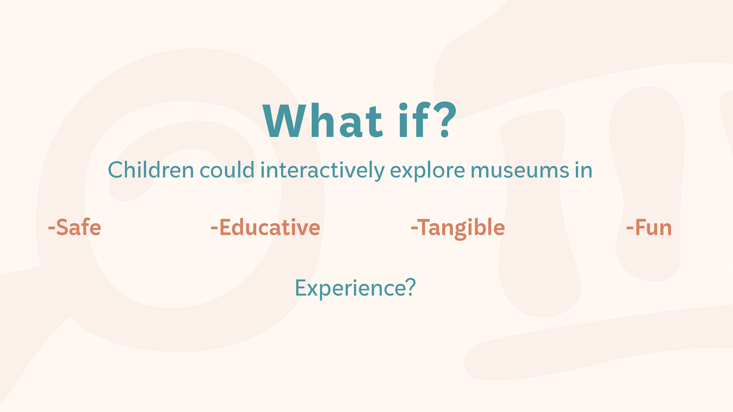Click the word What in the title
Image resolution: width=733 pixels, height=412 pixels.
pyautogui.click(x=323, y=121)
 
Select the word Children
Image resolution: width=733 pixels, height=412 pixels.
pyautogui.click(x=151, y=170)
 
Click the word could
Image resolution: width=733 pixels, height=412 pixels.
pyautogui.click(x=227, y=170)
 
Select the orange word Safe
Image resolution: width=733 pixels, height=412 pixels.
pyautogui.click(x=79, y=227)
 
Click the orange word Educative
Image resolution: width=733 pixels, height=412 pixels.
pyautogui.click(x=270, y=227)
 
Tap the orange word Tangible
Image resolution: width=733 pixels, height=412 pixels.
pyautogui.click(x=462, y=229)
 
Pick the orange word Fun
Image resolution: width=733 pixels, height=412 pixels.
pyautogui.click(x=653, y=228)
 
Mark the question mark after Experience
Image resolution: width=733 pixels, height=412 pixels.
pyautogui.click(x=410, y=288)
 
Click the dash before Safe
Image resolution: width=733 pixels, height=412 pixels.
pyautogui.click(x=52, y=229)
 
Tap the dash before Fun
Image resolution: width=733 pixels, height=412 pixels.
pyautogui.click(x=630, y=229)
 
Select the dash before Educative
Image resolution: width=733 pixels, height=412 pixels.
pyautogui.click(x=214, y=229)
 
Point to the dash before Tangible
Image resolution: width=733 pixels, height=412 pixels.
pyautogui.click(x=414, y=229)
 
